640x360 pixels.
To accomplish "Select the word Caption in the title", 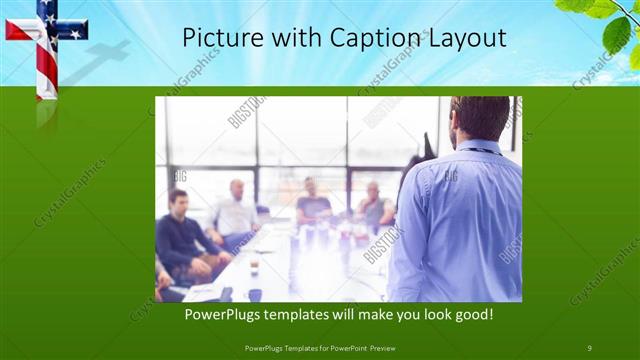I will pyautogui.click(x=352, y=38).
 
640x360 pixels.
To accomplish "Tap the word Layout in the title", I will pyautogui.click(x=462, y=38).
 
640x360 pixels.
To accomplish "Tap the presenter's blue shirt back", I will pyautogui.click(x=460, y=220).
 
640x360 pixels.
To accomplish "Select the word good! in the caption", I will pyautogui.click(x=472, y=315).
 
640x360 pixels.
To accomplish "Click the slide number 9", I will pyautogui.click(x=590, y=346).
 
